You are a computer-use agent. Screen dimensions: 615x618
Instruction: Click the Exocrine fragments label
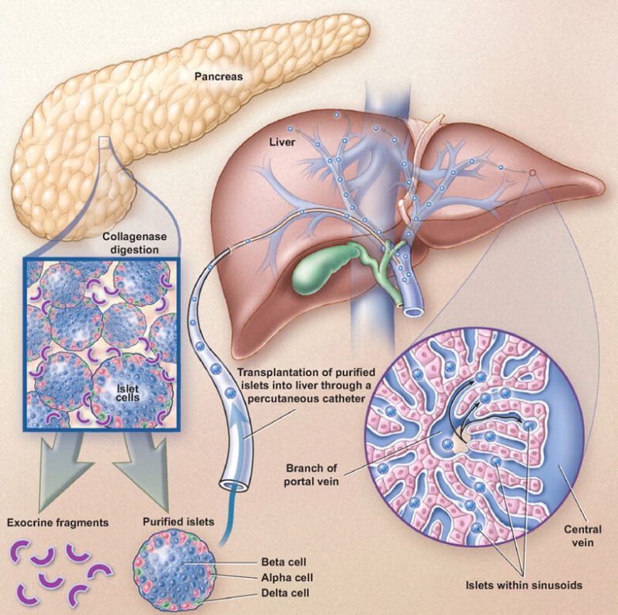[58, 522]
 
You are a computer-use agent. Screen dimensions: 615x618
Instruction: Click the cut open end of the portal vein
[413, 309]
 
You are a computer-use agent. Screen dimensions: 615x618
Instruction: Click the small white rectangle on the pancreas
[104, 142]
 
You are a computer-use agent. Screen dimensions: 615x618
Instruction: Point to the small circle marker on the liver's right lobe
[532, 172]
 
